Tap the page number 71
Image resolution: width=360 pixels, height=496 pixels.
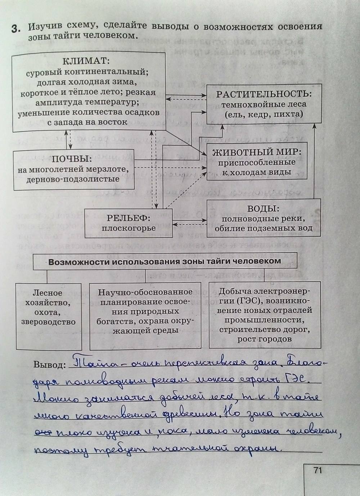tap(317, 470)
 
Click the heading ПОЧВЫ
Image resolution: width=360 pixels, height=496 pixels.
tap(72, 159)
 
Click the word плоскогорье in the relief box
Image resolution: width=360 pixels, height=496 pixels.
tap(128, 228)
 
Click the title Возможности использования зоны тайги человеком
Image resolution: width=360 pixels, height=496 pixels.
tap(165, 261)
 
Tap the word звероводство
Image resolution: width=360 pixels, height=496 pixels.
tap(49, 321)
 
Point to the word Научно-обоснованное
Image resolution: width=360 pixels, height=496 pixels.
tap(145, 292)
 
